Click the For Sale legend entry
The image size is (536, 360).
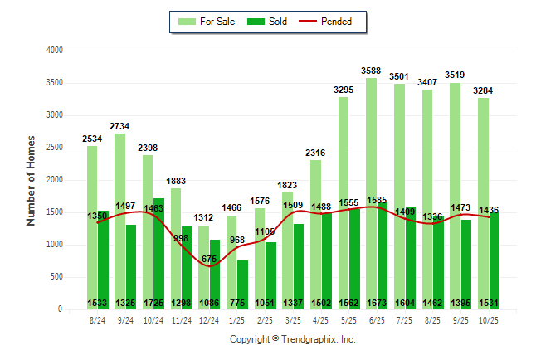(214, 22)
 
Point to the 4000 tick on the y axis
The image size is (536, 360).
(54, 51)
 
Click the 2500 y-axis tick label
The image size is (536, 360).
(54, 148)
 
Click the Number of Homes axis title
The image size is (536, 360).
(31, 180)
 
